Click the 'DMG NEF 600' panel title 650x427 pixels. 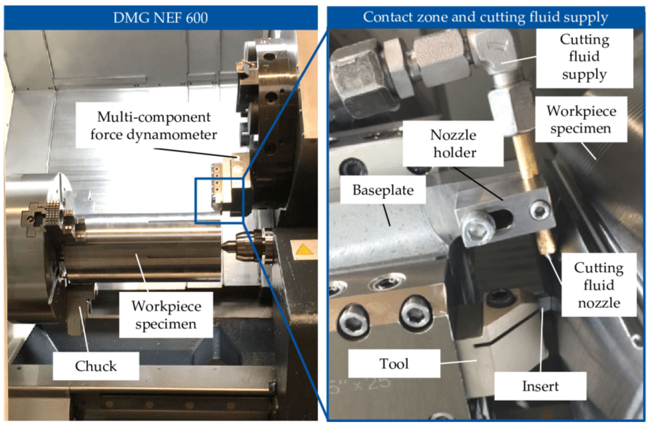161,18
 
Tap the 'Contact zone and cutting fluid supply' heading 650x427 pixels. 485,17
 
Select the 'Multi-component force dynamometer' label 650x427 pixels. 153,126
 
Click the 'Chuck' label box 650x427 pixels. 96,366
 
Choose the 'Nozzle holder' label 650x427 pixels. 453,144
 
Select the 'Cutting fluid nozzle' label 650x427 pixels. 599,285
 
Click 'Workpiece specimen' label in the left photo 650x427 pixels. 166,315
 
